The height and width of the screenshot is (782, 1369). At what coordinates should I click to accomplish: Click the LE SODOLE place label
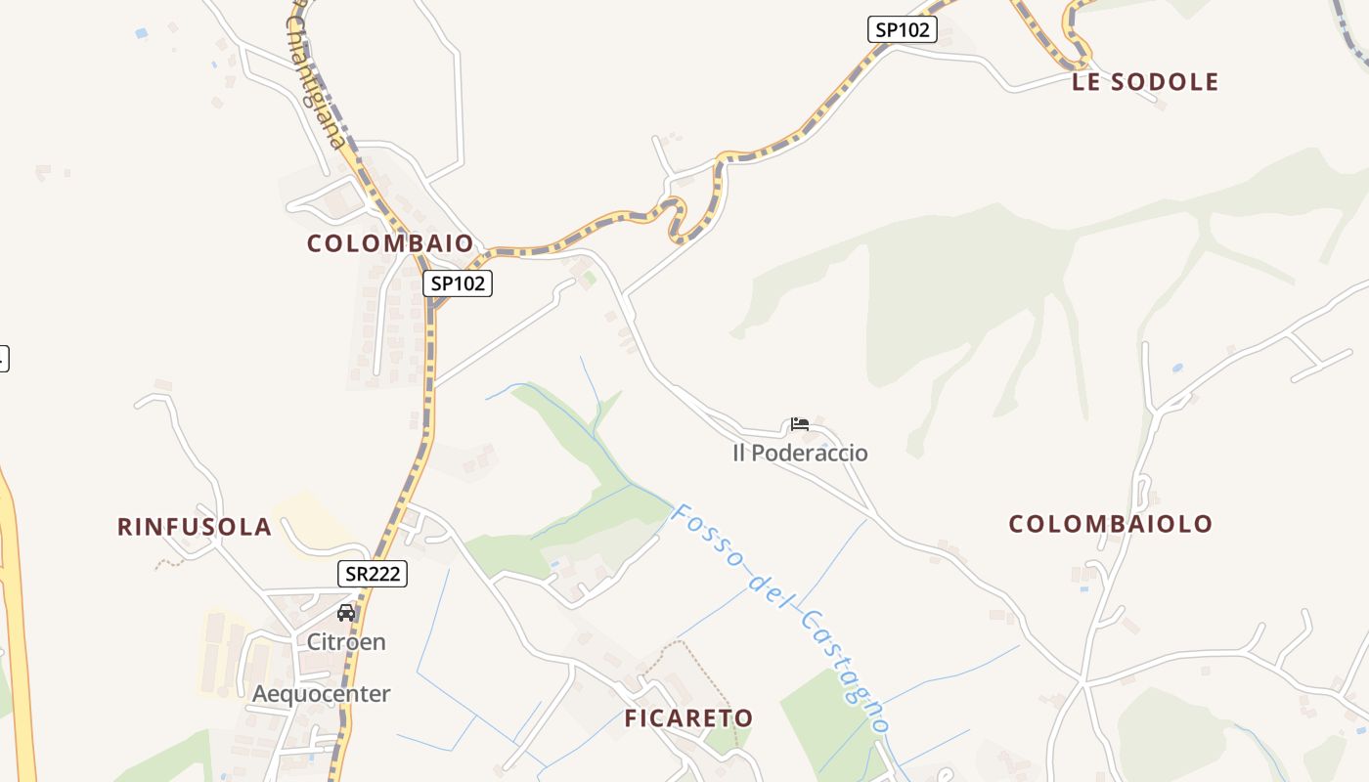tap(1145, 82)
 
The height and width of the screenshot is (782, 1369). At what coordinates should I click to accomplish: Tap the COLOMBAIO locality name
tap(390, 243)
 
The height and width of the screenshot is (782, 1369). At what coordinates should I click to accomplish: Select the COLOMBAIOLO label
tap(1110, 524)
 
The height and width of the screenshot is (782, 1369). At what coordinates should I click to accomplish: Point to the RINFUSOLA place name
tap(194, 527)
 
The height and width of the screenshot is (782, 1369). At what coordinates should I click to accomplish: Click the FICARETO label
tap(688, 718)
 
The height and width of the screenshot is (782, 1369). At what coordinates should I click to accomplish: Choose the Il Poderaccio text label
tap(800, 454)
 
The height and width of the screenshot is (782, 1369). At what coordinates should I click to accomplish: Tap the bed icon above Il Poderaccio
tap(800, 424)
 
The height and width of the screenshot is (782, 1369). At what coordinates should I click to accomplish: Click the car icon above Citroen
tap(346, 613)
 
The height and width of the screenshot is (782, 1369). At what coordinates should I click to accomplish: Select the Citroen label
tap(346, 642)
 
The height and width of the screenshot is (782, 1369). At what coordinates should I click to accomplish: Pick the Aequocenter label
tap(321, 694)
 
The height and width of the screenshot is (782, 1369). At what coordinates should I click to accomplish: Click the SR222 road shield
tap(373, 574)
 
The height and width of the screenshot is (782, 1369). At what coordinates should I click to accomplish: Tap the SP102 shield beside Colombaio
tap(458, 283)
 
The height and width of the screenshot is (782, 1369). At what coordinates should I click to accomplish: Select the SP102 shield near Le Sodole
tap(902, 29)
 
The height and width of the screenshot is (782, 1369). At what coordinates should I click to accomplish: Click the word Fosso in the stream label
tap(707, 536)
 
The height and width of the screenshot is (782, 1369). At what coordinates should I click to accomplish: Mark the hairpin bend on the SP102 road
tap(675, 217)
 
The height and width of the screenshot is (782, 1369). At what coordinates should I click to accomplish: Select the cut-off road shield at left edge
tap(3, 358)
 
